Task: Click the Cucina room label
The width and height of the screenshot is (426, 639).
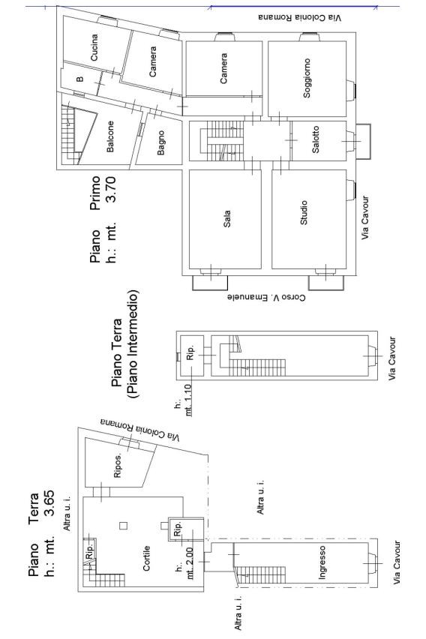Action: [94, 48]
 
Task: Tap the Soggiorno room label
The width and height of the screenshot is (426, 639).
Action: [307, 78]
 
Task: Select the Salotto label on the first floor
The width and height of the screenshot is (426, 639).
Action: [316, 139]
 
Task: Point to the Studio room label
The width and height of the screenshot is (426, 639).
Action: [304, 213]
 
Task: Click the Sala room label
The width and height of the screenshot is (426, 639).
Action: [227, 218]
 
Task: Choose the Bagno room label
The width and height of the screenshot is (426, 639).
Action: [161, 142]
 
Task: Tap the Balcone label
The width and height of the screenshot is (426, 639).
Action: [110, 136]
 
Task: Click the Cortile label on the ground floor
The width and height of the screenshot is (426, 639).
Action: [147, 558]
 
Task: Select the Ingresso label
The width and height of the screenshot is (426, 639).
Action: [322, 562]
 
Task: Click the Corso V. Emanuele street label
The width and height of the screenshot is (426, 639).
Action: [265, 298]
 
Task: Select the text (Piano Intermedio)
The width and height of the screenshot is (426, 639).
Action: [133, 344]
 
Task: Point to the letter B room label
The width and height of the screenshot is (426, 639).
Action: [80, 79]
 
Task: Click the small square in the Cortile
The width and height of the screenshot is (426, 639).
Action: [123, 526]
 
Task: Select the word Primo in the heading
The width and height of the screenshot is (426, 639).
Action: [96, 193]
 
